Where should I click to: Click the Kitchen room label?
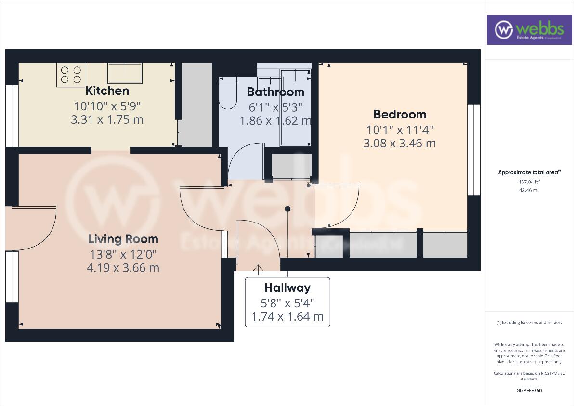click(107, 91)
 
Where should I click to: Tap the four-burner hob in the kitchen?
click(71, 75)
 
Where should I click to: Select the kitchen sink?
click(125, 73)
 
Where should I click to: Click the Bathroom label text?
click(275, 92)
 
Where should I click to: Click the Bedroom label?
click(400, 114)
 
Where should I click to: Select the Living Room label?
click(123, 239)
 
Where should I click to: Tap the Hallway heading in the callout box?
click(287, 288)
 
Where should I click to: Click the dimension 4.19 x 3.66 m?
click(123, 268)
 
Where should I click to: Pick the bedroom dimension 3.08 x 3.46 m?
click(400, 143)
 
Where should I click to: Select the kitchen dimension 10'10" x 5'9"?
click(107, 105)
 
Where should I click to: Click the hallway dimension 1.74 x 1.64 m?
click(287, 317)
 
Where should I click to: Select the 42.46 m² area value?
click(528, 190)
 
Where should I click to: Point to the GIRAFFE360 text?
click(528, 390)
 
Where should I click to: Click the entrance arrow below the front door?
click(259, 270)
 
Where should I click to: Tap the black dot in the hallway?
click(287, 209)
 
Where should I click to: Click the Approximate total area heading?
click(528, 172)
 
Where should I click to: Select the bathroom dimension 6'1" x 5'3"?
click(275, 106)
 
